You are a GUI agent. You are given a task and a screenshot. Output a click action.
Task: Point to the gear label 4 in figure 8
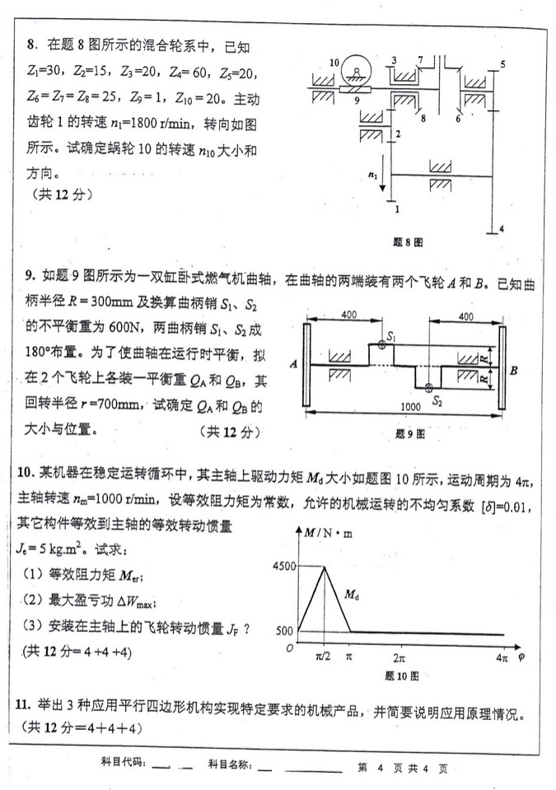pos(502,227)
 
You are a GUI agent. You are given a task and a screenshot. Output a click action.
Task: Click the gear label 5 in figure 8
pos(502,63)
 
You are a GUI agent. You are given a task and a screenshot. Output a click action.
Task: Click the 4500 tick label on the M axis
pos(283,566)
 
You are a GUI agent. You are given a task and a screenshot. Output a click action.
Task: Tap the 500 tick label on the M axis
pos(284,631)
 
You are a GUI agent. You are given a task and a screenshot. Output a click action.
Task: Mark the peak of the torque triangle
pos(324,567)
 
